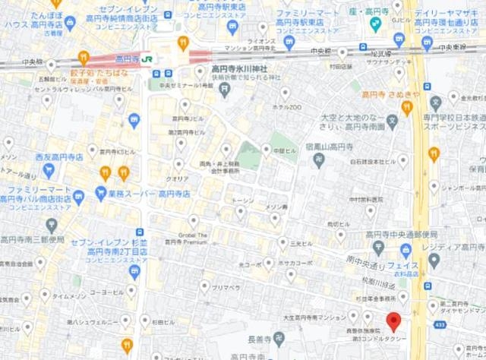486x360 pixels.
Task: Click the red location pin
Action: coord(393,320)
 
